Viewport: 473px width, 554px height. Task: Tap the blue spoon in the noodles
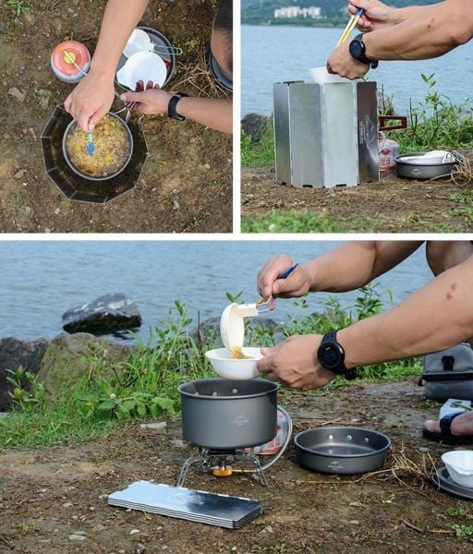point(91,143)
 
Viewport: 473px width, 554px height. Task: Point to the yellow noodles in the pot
point(98,146)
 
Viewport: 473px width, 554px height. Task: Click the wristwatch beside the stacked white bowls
point(176,106)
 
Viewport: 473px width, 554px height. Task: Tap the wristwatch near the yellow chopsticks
point(359,51)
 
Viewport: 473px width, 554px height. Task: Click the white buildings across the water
point(298,13)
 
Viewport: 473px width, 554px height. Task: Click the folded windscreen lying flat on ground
point(185,504)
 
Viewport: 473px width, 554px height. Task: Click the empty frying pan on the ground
point(342,449)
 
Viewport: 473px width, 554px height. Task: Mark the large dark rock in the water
point(102,314)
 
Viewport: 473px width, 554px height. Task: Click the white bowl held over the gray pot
point(234,363)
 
